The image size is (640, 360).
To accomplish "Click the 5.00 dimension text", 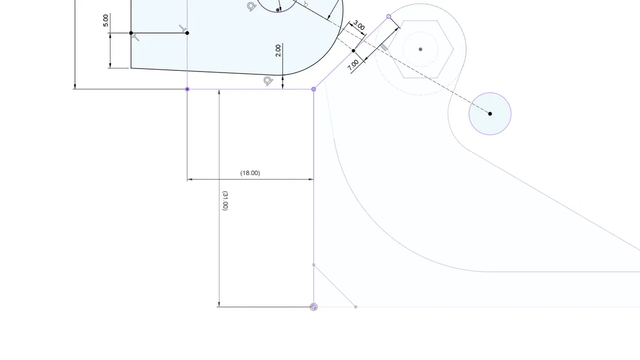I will (105, 20).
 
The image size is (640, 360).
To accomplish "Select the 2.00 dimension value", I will (278, 50).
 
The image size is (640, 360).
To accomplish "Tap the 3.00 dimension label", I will (358, 25).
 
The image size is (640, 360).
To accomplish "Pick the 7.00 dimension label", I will (353, 64).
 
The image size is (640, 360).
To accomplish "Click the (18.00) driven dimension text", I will (250, 173).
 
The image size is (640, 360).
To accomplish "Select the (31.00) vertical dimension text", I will (225, 200).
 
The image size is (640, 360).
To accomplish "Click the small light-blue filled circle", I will (490, 113).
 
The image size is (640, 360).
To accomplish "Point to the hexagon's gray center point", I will (421, 50).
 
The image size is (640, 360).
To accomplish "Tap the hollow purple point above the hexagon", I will (389, 17).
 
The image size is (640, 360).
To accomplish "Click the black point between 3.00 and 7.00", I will (354, 51).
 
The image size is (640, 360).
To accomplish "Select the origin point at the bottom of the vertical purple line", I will (313, 307).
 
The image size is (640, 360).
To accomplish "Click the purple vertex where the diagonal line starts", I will (313, 89).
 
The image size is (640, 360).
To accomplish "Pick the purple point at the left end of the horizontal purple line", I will (187, 89).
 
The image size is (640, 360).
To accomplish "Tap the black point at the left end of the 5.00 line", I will (131, 33).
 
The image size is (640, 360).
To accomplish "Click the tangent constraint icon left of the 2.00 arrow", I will (268, 81).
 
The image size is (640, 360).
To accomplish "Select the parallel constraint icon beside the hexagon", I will (384, 48).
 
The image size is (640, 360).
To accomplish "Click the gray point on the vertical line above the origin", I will (313, 265).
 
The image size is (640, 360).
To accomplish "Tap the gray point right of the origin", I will (355, 307).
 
